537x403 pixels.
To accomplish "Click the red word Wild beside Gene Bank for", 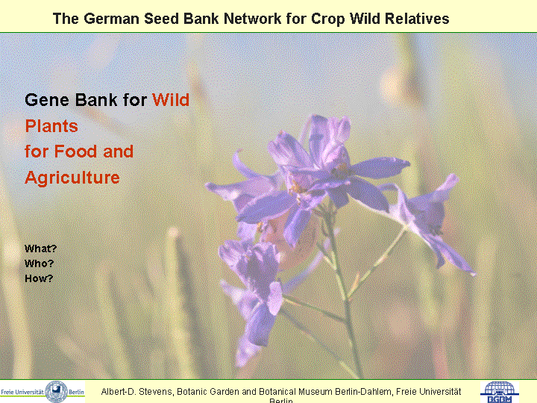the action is (171, 100).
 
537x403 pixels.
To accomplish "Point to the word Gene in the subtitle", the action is (47, 100).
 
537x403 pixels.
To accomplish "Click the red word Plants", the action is (51, 126).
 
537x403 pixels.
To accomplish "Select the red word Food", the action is (76, 151).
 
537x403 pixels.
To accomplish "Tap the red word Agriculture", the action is (72, 178).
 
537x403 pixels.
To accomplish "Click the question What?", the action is (40, 249).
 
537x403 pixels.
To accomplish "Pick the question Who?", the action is (39, 263).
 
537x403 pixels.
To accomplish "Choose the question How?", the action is (39, 278).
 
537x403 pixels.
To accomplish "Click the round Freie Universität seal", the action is (57, 391).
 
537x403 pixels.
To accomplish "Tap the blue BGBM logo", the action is (499, 392).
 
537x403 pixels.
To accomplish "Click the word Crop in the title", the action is (327, 19).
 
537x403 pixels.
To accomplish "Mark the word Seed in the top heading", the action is (163, 19).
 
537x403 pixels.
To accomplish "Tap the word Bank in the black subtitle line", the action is (96, 100).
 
